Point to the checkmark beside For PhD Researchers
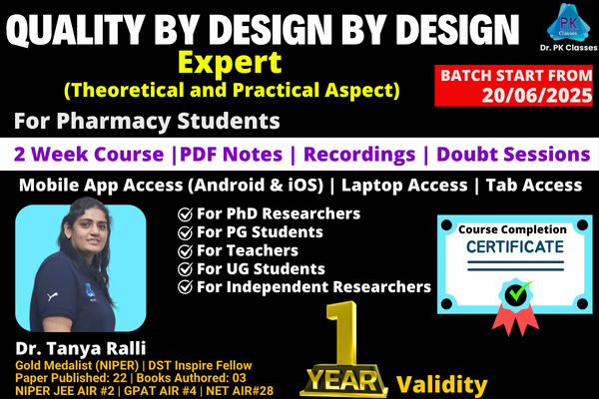pos(184,213)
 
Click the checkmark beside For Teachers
pos(184,250)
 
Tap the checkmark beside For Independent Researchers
pos(184,287)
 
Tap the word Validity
pos(442,384)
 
